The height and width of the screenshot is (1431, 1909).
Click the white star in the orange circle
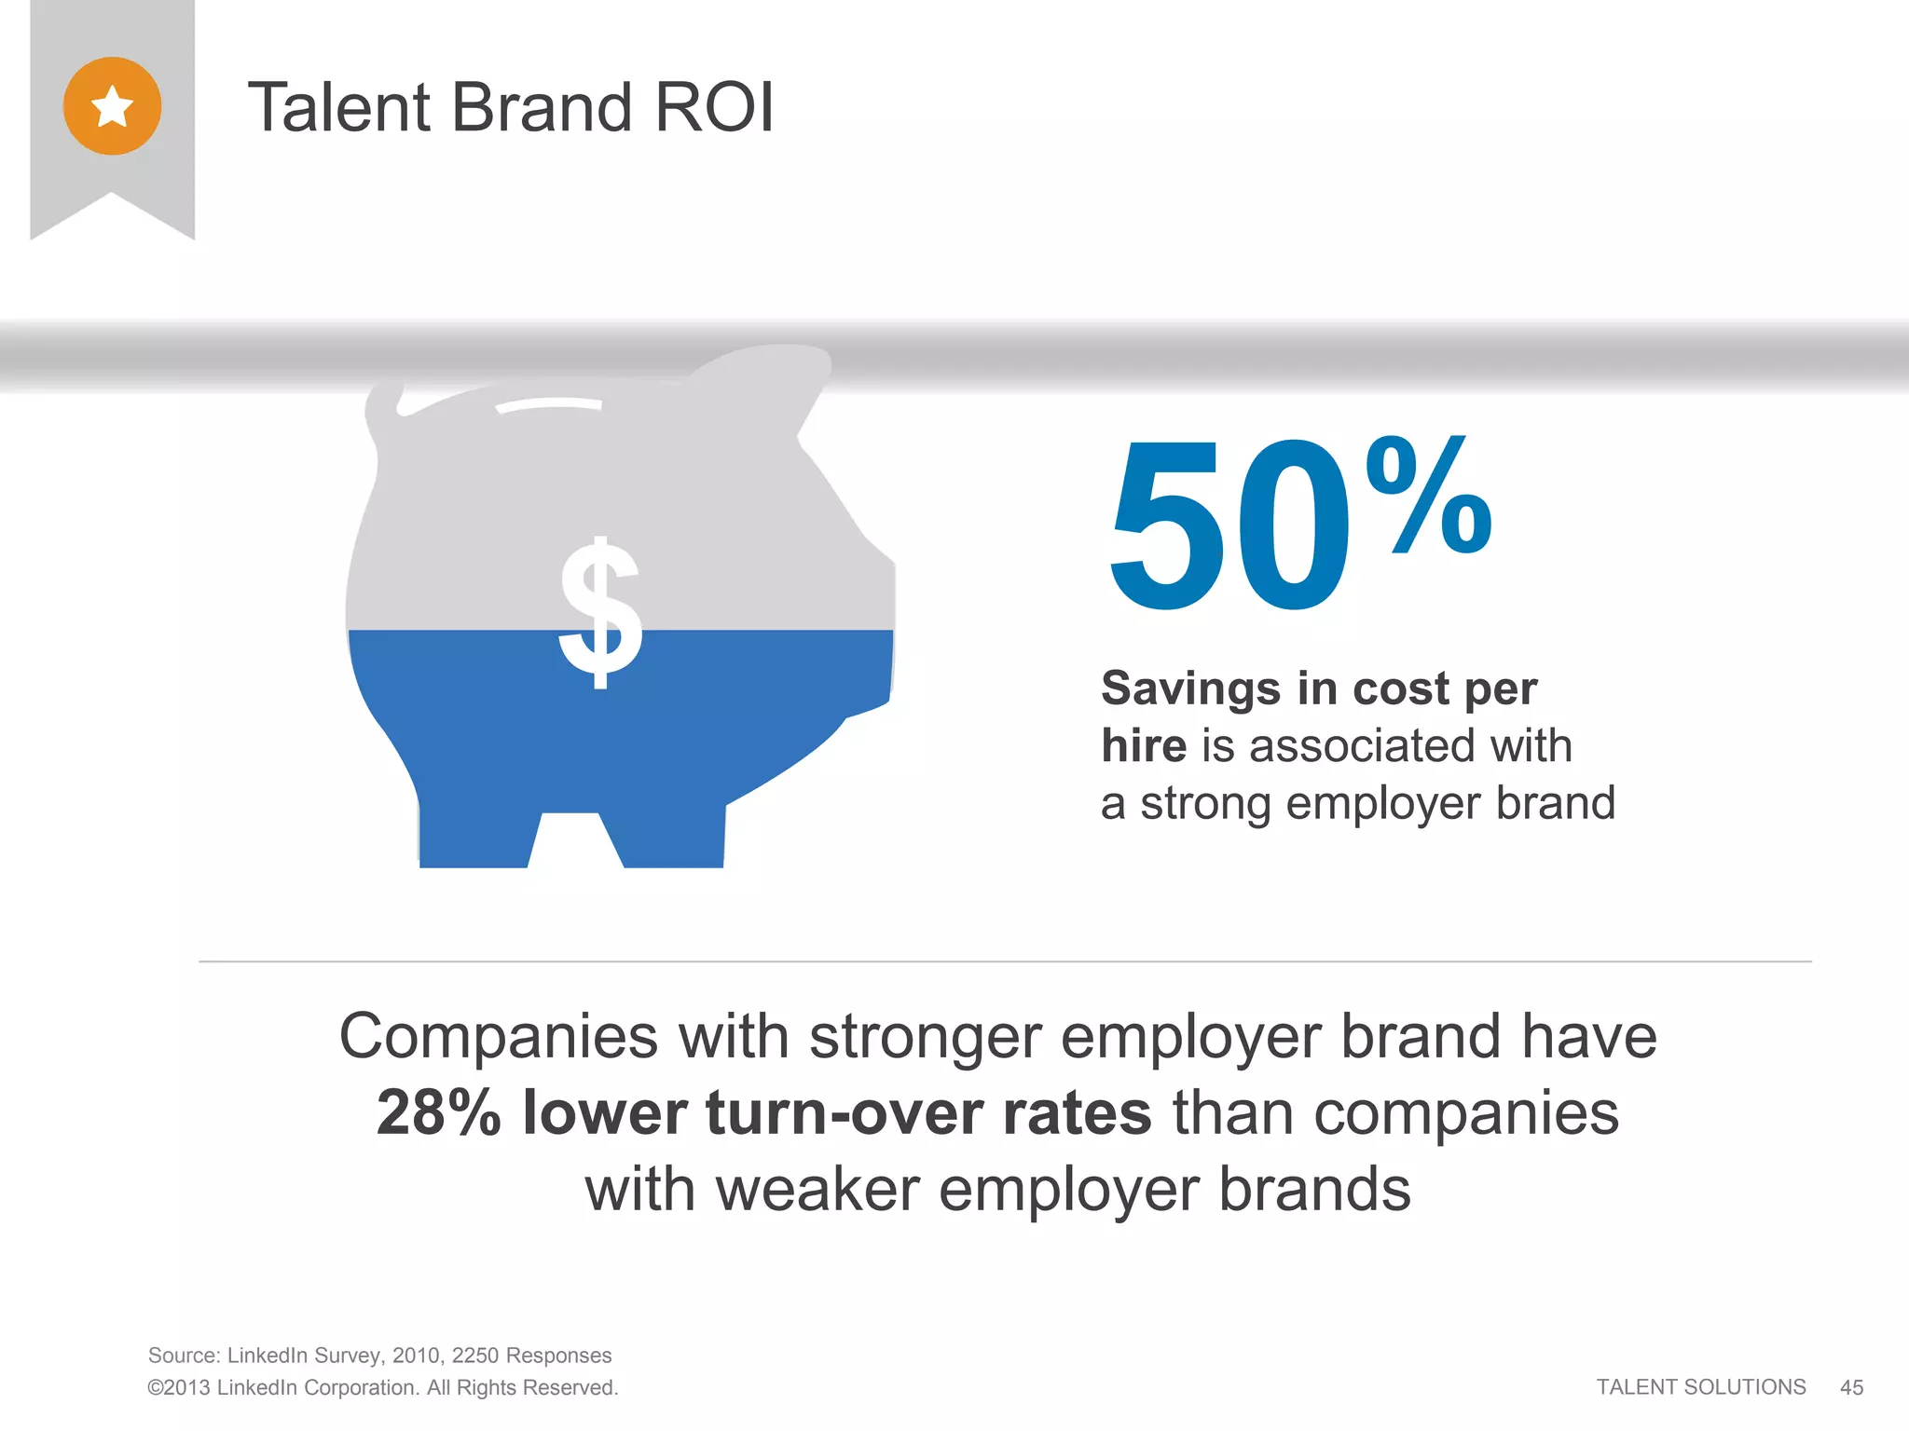pyautogui.click(x=112, y=106)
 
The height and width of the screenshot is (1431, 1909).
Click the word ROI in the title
pyautogui.click(x=713, y=107)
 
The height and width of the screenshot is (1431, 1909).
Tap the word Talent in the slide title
pyautogui.click(x=339, y=107)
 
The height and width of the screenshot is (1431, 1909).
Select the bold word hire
pyautogui.click(x=1144, y=745)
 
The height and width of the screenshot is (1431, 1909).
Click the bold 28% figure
pyautogui.click(x=438, y=1112)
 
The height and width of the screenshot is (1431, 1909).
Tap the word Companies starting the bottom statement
pyautogui.click(x=499, y=1036)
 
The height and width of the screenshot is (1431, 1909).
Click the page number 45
pyautogui.click(x=1851, y=1387)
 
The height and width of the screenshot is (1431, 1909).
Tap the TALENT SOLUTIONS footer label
pyautogui.click(x=1700, y=1387)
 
